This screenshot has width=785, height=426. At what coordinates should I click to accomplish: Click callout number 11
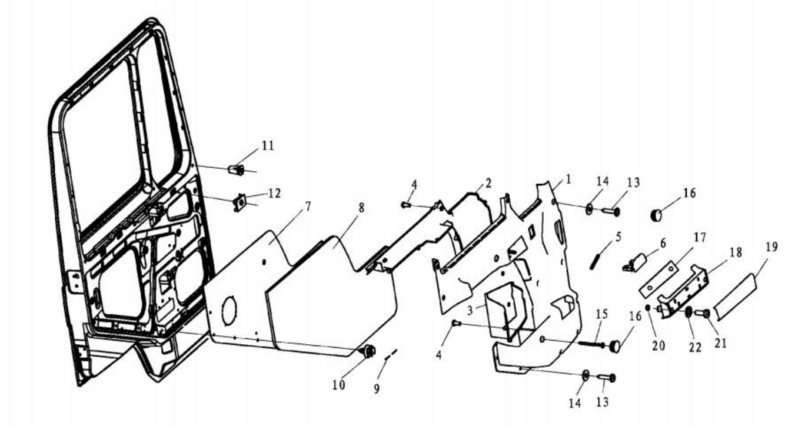pyautogui.click(x=268, y=145)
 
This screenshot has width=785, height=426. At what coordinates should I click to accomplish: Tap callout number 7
pyautogui.click(x=308, y=207)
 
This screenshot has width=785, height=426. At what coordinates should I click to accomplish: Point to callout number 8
pyautogui.click(x=361, y=208)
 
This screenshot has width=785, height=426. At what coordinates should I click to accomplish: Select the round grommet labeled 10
pyautogui.click(x=369, y=351)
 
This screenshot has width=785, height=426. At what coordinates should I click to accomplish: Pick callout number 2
pyautogui.click(x=488, y=182)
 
